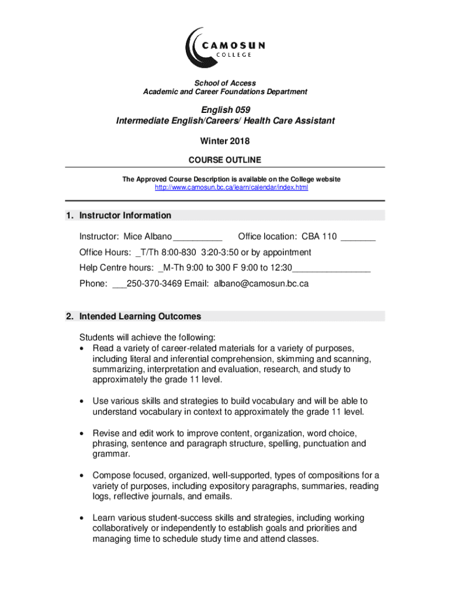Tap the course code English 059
point(225,110)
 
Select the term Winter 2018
point(224,141)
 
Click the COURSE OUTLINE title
point(224,160)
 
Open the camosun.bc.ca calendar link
point(231,187)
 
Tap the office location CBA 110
point(319,236)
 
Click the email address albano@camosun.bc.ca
point(261,284)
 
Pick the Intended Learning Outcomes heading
point(140,316)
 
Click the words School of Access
point(225,83)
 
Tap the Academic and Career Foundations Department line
point(225,92)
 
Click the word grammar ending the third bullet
point(110,454)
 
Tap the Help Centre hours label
point(116,268)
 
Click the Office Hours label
point(105,252)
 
